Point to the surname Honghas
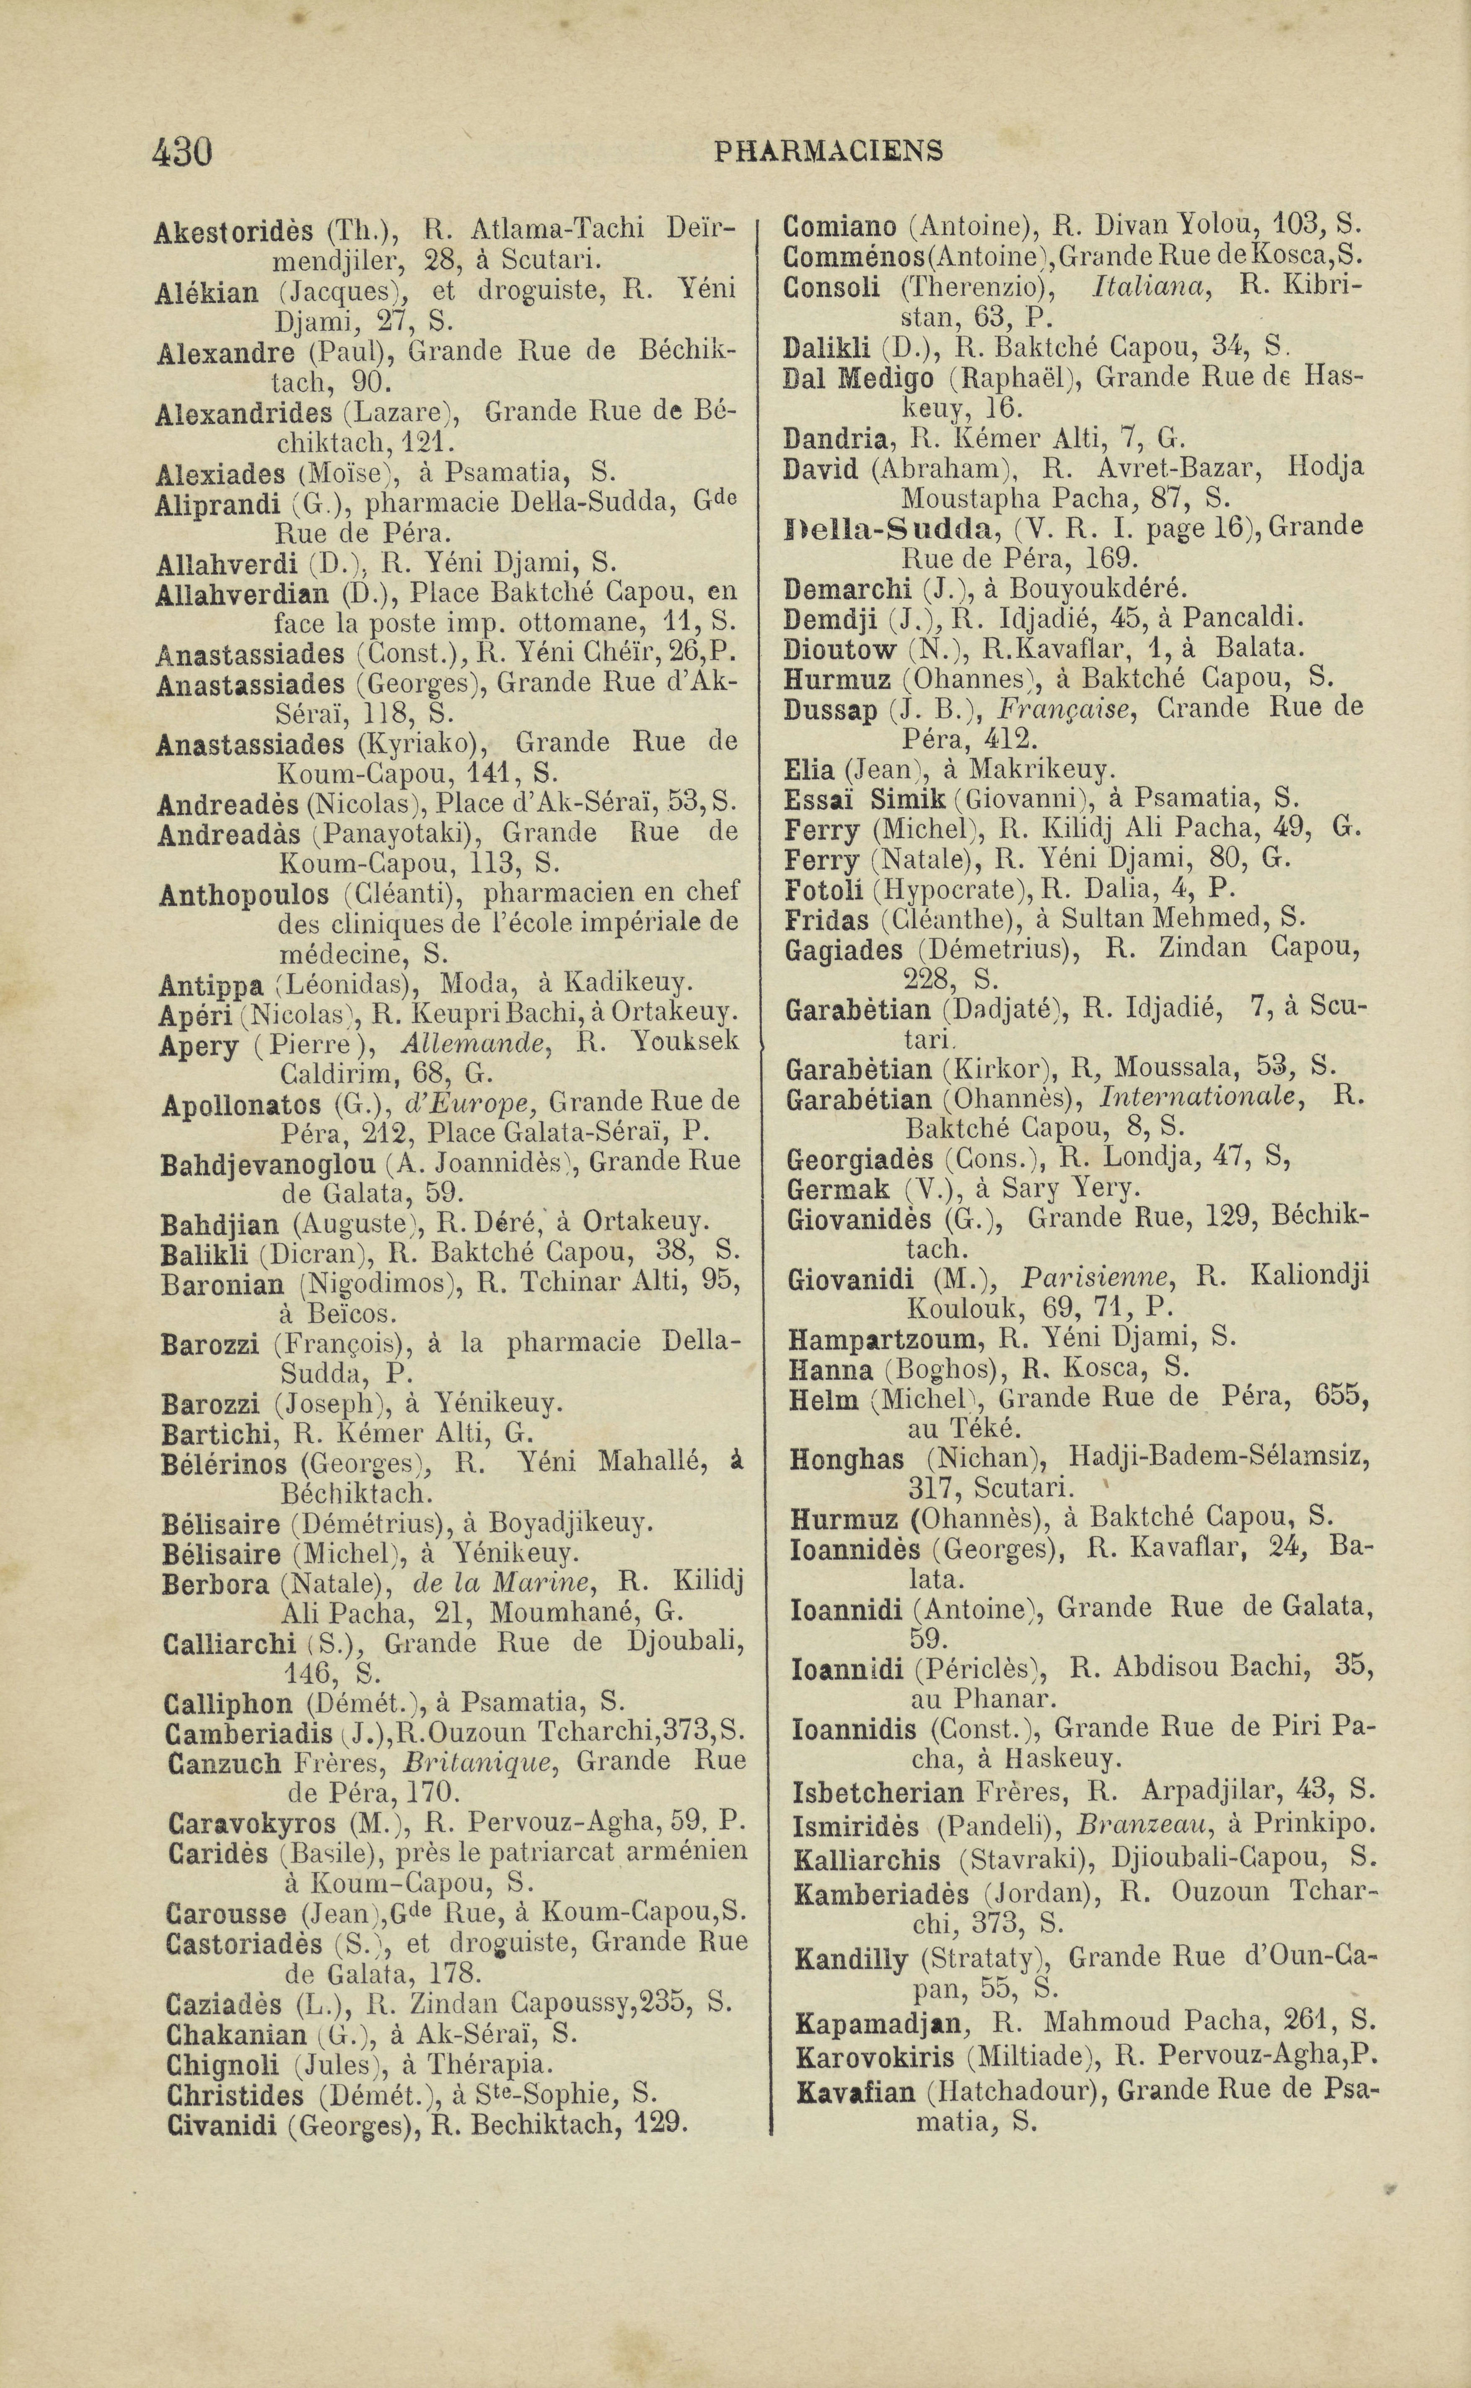(847, 1459)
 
